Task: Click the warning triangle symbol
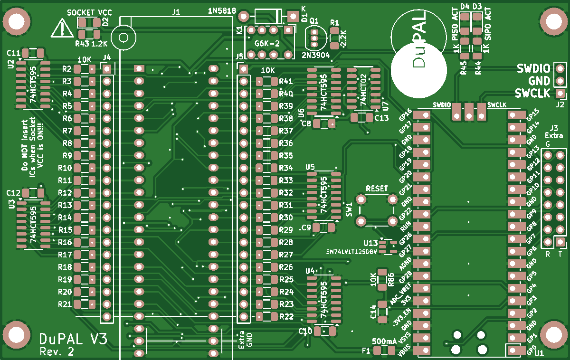[62, 28]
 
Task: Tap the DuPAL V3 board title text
[73, 339]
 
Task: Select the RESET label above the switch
[377, 188]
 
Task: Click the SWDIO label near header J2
[533, 68]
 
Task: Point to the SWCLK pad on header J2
[560, 93]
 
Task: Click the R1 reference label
[334, 23]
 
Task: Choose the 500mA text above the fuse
[384, 341]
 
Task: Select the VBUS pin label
[404, 351]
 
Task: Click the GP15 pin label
[533, 114]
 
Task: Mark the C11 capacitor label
[13, 53]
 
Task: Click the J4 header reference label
[107, 58]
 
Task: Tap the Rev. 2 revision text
[57, 352]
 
